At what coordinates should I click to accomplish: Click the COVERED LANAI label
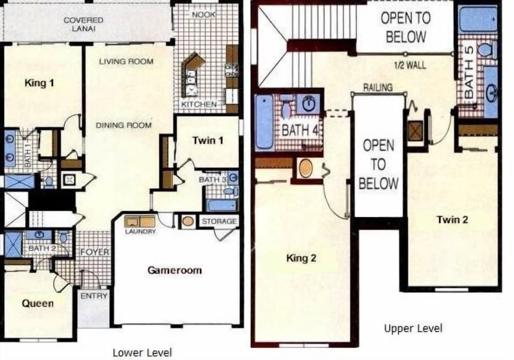click(83, 24)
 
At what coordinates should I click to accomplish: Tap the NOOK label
click(204, 15)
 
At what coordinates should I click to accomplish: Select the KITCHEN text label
click(199, 104)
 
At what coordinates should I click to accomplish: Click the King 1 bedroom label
click(39, 83)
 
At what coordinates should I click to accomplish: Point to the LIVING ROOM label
click(126, 62)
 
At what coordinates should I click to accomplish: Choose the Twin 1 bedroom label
click(208, 140)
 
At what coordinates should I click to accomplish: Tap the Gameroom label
click(175, 270)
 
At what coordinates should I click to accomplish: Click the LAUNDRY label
click(140, 232)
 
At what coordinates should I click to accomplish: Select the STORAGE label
click(219, 221)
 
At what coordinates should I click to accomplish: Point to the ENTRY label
click(94, 296)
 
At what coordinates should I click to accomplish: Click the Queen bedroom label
click(38, 303)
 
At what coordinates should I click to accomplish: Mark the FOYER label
click(95, 252)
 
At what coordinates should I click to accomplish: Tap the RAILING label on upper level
click(378, 87)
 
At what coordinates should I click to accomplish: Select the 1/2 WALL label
click(410, 65)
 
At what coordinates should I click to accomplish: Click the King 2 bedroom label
click(301, 258)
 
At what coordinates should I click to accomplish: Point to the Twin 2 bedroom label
click(452, 220)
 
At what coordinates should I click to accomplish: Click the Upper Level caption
click(413, 328)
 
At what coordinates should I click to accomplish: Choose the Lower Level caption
click(142, 352)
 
